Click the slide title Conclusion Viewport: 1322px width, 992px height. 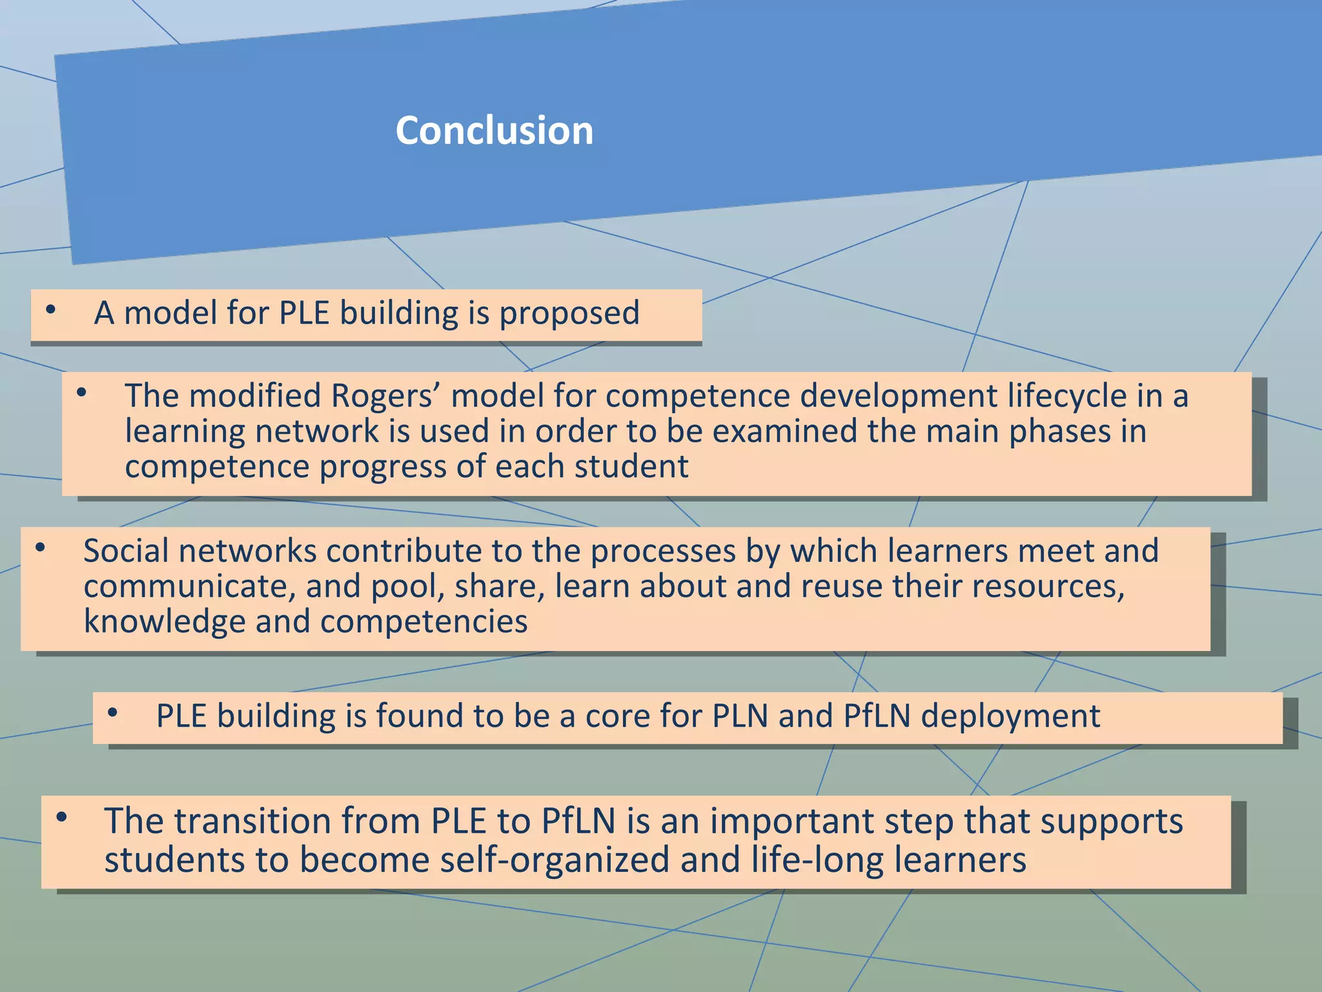[494, 130]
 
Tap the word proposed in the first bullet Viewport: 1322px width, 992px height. [569, 313]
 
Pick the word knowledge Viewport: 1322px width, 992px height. [165, 621]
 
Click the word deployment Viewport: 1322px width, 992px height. [1010, 716]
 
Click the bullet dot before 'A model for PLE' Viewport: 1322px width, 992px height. [50, 310]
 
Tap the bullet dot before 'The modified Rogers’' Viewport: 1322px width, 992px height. [81, 392]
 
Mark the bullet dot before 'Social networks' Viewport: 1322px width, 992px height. [40, 548]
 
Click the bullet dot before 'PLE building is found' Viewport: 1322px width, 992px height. [113, 713]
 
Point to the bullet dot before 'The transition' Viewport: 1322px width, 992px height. [61, 818]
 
